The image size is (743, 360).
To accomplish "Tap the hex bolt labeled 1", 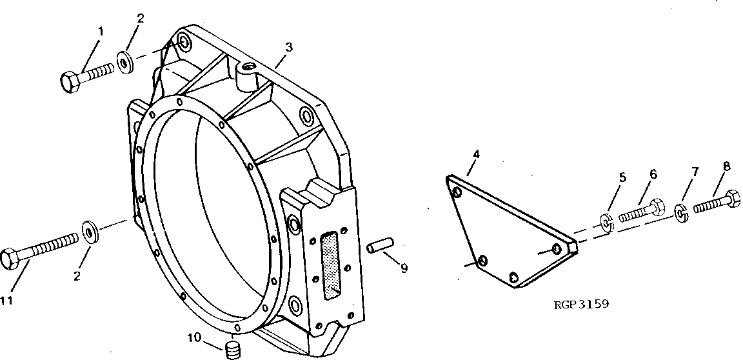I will (86, 76).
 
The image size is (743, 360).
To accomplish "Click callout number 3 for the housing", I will (289, 47).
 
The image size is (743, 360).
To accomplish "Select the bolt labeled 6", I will (642, 211).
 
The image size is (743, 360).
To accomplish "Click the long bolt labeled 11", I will (39, 250).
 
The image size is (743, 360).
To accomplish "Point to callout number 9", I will (404, 268).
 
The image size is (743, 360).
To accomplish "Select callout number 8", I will (726, 166).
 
